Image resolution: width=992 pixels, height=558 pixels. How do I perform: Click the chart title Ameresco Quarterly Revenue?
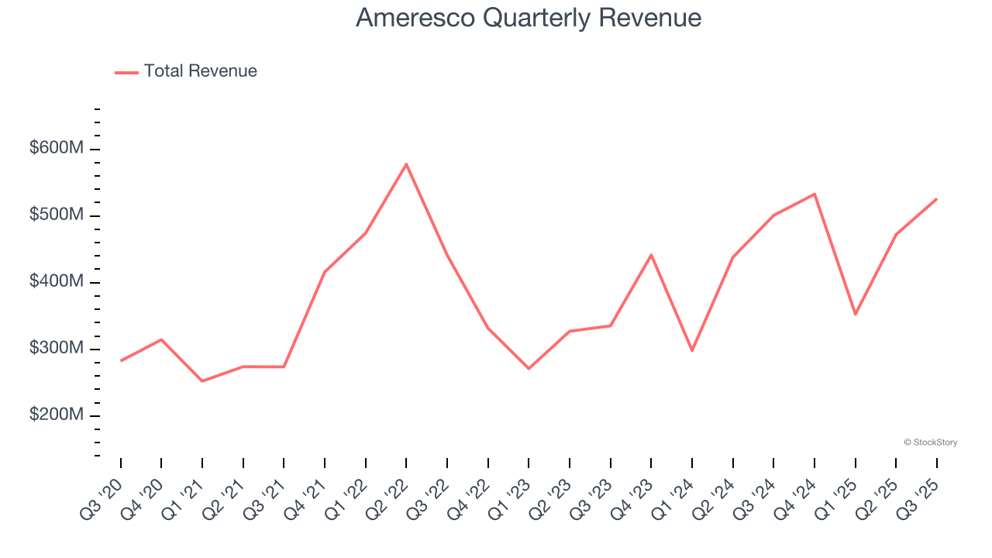coord(529,18)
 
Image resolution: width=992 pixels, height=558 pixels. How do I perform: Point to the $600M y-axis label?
coord(56,148)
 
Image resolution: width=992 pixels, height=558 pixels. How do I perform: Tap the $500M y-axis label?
coord(56,215)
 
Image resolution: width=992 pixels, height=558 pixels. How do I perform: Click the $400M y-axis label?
coord(56,281)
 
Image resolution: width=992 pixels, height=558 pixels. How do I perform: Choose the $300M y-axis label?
coord(56,348)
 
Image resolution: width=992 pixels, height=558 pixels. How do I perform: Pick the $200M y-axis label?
coord(56,415)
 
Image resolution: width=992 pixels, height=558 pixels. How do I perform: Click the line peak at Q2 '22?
coord(406,164)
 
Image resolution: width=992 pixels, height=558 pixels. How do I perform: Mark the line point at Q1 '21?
coord(202,381)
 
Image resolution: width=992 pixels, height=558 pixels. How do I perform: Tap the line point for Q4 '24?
coord(815,194)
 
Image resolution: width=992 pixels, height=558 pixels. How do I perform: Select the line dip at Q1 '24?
coord(692,350)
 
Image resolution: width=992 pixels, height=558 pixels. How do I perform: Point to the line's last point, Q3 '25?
coord(936,199)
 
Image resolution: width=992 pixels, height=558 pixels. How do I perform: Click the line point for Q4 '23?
coord(651,254)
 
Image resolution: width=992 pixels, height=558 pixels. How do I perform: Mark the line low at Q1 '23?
coord(529,368)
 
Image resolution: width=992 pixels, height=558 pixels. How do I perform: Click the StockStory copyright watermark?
coord(930,443)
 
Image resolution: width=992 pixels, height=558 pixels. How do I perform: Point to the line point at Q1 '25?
coord(855,314)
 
